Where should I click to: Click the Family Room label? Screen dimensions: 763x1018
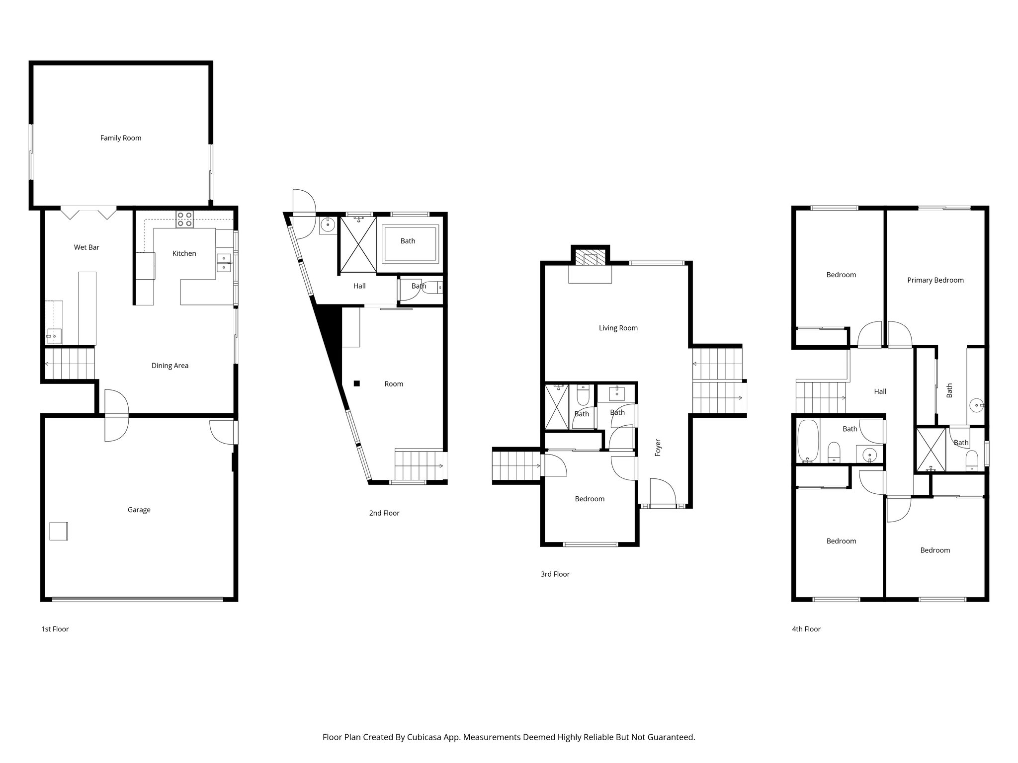tap(121, 138)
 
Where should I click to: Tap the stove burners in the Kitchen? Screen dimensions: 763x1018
tap(185, 219)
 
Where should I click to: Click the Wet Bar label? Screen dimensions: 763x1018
tap(86, 247)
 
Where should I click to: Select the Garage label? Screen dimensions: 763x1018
tap(139, 510)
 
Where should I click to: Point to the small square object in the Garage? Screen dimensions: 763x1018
tap(59, 531)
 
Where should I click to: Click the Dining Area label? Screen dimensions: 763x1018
tap(170, 366)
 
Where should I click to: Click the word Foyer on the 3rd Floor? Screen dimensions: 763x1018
tap(658, 448)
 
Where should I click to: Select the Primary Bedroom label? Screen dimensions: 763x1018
tap(935, 280)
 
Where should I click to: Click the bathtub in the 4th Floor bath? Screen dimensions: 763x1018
tap(807, 441)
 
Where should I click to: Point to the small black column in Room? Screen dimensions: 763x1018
tap(356, 383)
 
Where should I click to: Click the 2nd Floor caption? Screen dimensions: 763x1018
tap(384, 513)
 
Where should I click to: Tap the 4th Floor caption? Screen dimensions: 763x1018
tap(806, 629)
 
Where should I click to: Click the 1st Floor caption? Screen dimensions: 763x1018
tap(55, 629)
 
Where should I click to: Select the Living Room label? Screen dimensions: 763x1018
tap(618, 328)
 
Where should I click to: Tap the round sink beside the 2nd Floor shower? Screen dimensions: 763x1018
tap(328, 225)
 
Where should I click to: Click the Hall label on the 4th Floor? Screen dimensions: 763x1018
tap(880, 391)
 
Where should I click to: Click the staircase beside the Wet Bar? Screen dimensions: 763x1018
tap(69, 364)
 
